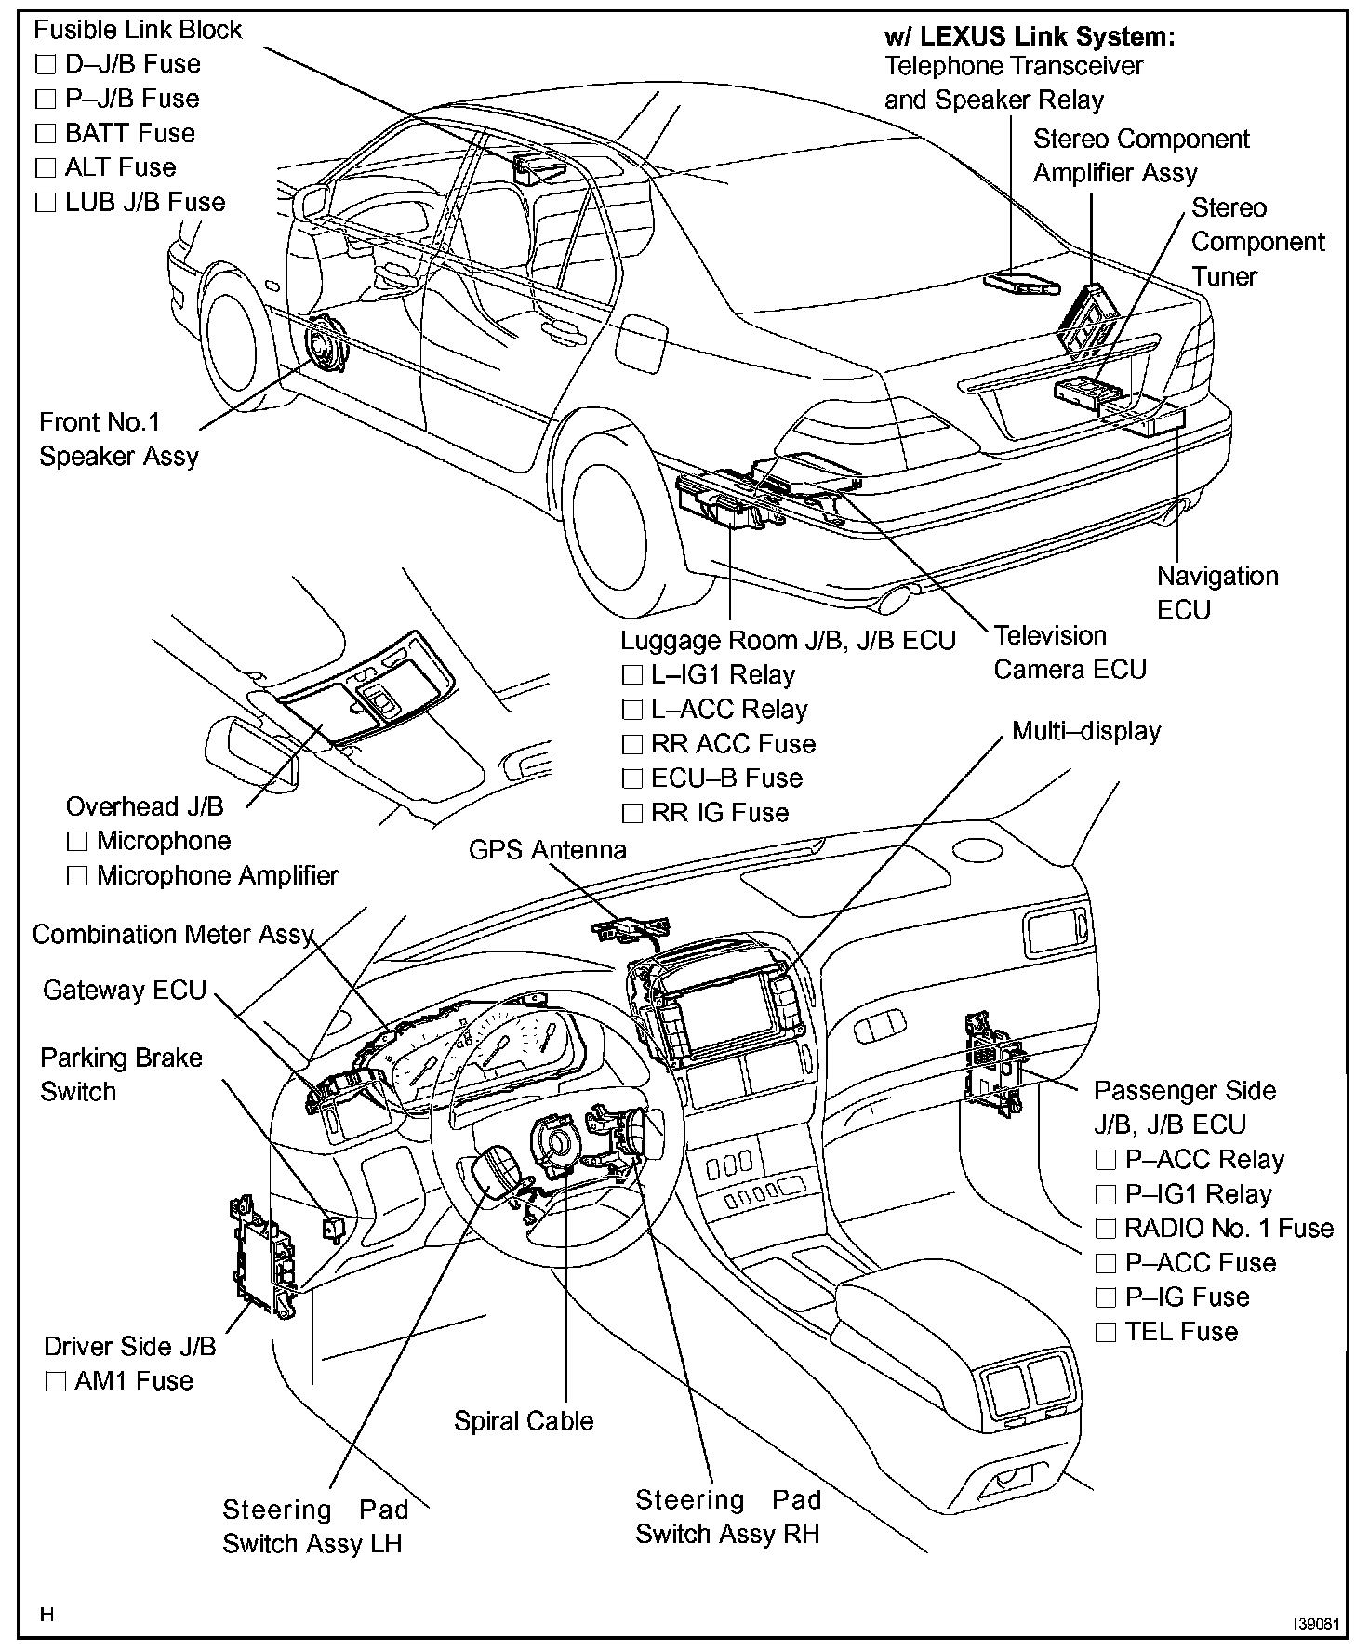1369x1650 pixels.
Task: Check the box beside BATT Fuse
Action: [46, 134]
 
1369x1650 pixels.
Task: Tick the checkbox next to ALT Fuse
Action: [46, 168]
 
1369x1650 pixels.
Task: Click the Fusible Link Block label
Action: [137, 30]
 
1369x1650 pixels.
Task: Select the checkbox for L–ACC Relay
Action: [632, 711]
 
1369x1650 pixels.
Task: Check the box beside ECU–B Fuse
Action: [632, 779]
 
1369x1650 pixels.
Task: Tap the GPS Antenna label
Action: [547, 850]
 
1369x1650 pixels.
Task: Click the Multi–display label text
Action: [1085, 731]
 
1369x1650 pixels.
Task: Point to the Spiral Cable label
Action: [523, 1421]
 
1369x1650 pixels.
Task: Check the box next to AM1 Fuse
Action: [56, 1382]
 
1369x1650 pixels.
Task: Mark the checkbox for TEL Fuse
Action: [1106, 1333]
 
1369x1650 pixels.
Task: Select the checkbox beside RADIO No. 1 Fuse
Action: [1106, 1230]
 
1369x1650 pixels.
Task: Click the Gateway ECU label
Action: [124, 990]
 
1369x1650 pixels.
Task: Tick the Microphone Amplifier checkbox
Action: [77, 876]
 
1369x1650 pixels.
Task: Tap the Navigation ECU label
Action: [1216, 592]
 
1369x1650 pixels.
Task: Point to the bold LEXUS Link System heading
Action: [1030, 37]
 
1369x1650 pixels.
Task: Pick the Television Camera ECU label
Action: [1070, 652]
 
